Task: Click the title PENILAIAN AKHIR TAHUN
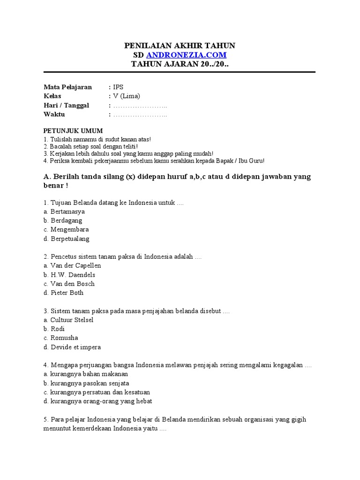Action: point(180,45)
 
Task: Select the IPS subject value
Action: point(118,87)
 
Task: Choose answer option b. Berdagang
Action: point(63,220)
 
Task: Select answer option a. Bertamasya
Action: point(64,211)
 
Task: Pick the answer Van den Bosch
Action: point(69,284)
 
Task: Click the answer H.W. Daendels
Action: point(69,275)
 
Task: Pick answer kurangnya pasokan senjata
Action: point(86,383)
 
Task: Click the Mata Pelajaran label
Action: point(67,87)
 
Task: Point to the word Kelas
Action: point(52,96)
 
